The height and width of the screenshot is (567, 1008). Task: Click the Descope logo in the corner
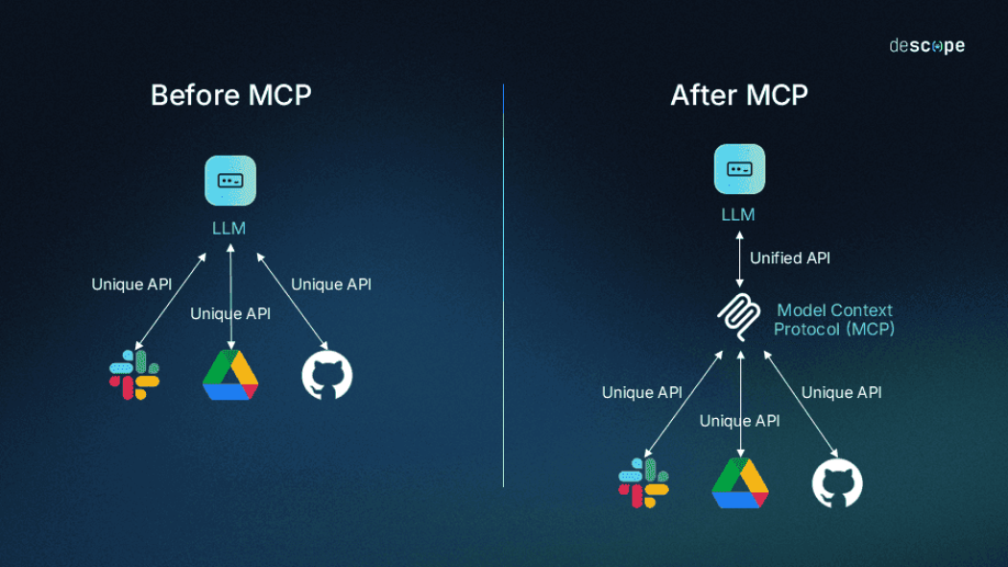pos(925,45)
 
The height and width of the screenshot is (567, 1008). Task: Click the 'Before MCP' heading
pos(230,95)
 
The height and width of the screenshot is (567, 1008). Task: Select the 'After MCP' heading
pos(739,95)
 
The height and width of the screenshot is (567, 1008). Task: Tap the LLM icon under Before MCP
pos(230,181)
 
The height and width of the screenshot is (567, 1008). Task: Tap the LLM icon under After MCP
pos(739,169)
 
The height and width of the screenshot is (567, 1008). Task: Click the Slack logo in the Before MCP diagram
pos(134,375)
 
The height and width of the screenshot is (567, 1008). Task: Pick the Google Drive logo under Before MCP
pos(230,375)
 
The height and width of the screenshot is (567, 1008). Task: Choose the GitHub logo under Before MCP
pos(327,375)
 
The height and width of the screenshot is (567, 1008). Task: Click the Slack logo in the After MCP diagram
pos(644,482)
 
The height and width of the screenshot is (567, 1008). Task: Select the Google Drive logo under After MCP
pos(740,482)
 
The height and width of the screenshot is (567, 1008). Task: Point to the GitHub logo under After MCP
pos(837,482)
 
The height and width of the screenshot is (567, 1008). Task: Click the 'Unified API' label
pos(789,258)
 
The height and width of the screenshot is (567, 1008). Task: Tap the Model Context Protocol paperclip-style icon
pos(739,318)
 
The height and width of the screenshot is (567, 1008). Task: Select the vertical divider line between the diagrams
pos(503,288)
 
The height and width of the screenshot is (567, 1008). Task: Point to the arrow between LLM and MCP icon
pos(739,258)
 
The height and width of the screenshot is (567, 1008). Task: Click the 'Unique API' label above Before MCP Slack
pos(132,284)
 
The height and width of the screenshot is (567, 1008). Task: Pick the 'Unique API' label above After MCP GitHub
pos(841,392)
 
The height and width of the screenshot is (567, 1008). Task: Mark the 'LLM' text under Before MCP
pos(229,228)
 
